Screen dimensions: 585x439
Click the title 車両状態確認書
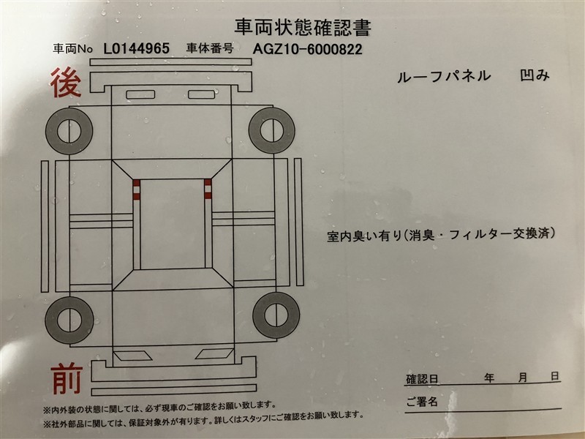pos(303,27)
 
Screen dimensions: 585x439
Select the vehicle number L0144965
pos(136,48)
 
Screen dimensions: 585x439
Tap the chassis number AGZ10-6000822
pos(307,49)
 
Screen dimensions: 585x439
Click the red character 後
pos(66,83)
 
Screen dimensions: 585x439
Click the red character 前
pos(67,379)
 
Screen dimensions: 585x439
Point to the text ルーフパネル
pos(444,76)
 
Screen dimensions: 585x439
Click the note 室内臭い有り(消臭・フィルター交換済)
pos(441,235)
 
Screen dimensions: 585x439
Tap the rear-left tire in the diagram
pos(69,131)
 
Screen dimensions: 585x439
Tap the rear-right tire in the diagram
pos(271,130)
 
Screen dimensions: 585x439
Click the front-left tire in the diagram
pos(69,320)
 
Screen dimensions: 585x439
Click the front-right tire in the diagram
pos(276,315)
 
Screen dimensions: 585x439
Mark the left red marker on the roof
pos(137,190)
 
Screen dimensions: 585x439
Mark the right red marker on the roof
pos(208,189)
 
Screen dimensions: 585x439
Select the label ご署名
pos(422,402)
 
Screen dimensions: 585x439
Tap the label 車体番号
pos(210,48)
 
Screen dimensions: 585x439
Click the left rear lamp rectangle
pos(140,94)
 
